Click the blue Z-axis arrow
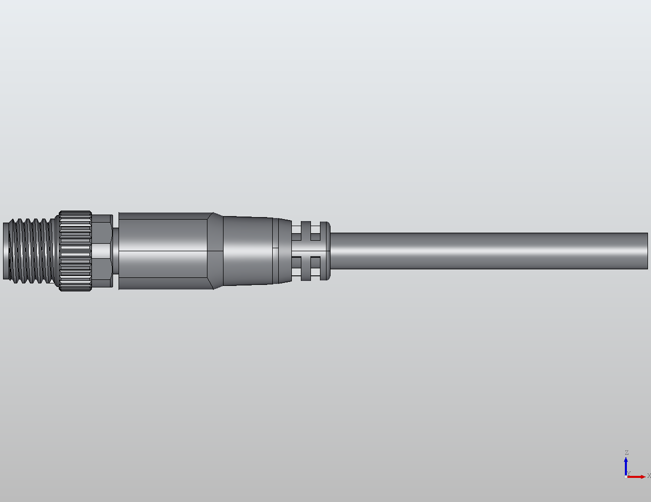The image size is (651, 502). point(626,466)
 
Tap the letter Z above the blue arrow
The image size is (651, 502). point(626,453)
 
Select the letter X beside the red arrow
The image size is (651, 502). point(648,475)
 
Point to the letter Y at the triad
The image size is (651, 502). point(628,473)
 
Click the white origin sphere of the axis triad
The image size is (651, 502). point(625,476)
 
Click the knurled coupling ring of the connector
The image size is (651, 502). point(76,251)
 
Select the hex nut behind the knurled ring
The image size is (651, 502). point(102,251)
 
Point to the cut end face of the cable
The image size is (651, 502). point(647,251)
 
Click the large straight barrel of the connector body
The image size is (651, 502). point(163,251)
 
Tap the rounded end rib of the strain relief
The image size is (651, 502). point(325,251)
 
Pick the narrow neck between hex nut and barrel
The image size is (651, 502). point(116,251)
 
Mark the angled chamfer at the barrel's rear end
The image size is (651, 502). point(215,251)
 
